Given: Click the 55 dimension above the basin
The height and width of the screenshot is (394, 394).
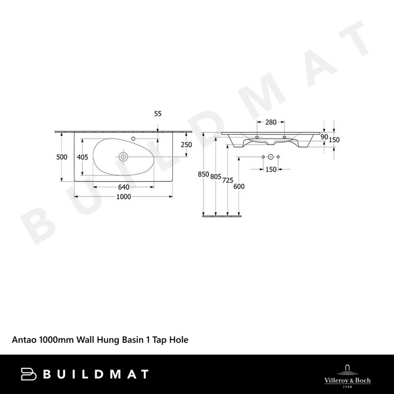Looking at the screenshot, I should pos(158,114).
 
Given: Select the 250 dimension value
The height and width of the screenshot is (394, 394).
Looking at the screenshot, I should pos(186,145).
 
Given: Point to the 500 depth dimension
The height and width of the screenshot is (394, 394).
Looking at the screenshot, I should pos(62,157).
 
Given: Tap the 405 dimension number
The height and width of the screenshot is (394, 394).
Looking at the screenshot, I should pos(82,157).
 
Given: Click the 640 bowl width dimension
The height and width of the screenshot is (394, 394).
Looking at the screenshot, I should pos(123,187).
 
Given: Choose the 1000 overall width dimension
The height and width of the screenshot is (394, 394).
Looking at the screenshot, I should pos(123,198).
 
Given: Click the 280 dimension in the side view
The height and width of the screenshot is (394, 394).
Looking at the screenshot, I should pos(270,122).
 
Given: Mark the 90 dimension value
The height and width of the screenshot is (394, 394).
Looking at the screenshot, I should pos(324,137).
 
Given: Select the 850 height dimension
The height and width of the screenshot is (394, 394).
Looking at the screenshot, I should pos(203,175).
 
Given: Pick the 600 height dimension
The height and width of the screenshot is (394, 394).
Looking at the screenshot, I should pos(239,186).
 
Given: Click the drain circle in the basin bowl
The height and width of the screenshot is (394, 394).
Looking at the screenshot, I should pos(123,157).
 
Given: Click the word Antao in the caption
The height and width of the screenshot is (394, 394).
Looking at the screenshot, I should pos(24,340).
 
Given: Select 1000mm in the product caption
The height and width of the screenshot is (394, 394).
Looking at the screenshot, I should pos(58,340).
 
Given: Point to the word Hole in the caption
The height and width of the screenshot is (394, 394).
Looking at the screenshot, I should pos(178,340).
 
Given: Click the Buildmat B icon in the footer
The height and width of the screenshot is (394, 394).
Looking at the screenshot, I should pos(28,374).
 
